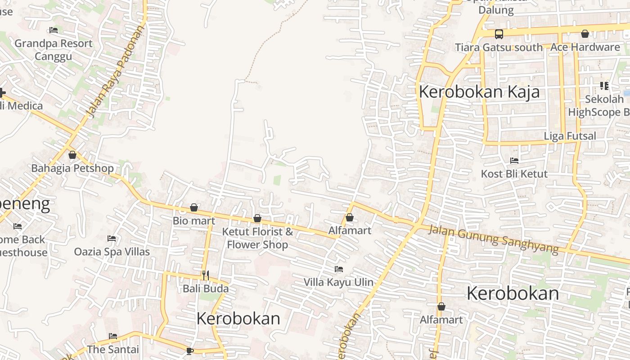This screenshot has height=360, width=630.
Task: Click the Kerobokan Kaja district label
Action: click(479, 92)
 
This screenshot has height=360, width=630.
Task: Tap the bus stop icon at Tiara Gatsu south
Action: click(499, 34)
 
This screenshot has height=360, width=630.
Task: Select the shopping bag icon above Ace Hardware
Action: click(585, 34)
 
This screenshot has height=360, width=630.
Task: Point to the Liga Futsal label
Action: click(570, 136)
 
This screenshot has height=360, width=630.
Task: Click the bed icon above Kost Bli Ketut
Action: click(514, 161)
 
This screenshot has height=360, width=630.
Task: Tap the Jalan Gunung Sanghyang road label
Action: click(493, 239)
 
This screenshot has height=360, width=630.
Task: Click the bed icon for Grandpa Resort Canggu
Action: click(54, 31)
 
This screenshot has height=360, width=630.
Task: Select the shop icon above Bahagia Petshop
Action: click(72, 155)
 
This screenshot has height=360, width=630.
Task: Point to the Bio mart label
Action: click(194, 221)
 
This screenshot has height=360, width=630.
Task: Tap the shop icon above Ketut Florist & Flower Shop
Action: click(257, 218)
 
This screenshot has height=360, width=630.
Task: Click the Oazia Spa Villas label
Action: click(112, 252)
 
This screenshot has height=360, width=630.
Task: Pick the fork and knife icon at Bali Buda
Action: click(205, 275)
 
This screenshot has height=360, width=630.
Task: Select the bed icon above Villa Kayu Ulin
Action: click(338, 269)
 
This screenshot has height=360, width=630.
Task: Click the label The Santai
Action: click(113, 349)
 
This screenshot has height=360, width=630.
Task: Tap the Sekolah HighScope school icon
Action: click(604, 85)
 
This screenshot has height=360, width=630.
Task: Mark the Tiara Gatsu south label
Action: click(499, 47)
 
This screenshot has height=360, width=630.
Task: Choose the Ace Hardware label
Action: click(585, 47)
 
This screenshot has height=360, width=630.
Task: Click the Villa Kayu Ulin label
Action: click(338, 282)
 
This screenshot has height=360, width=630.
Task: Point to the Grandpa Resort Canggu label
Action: click(54, 49)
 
